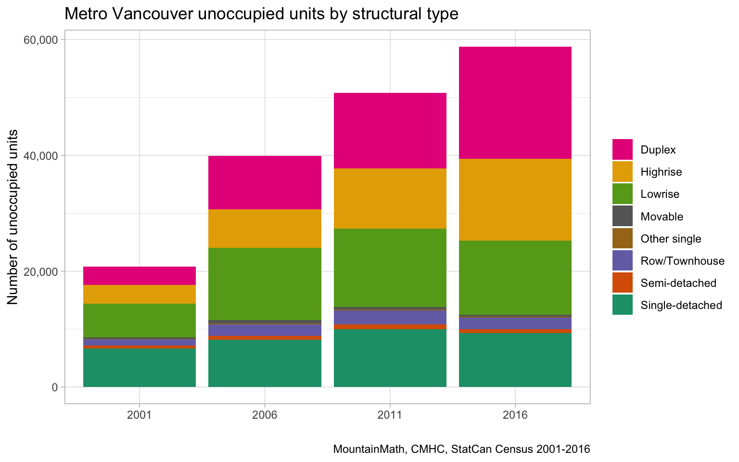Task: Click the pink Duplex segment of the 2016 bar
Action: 515,103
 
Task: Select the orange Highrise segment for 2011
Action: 390,198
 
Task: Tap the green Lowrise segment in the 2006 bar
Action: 265,284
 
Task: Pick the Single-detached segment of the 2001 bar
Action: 139,368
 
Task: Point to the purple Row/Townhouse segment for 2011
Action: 390,318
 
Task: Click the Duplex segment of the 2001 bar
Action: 139,276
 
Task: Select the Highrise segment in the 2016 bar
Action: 515,200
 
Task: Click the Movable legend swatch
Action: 623,216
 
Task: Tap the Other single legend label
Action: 671,239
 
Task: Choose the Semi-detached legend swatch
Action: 623,283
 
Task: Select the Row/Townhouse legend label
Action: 683,261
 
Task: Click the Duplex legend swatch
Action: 623,150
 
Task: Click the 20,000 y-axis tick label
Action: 40,271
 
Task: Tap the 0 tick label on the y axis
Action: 55,387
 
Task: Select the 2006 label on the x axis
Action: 265,415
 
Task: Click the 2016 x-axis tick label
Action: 515,415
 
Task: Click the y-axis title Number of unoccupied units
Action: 13,217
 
